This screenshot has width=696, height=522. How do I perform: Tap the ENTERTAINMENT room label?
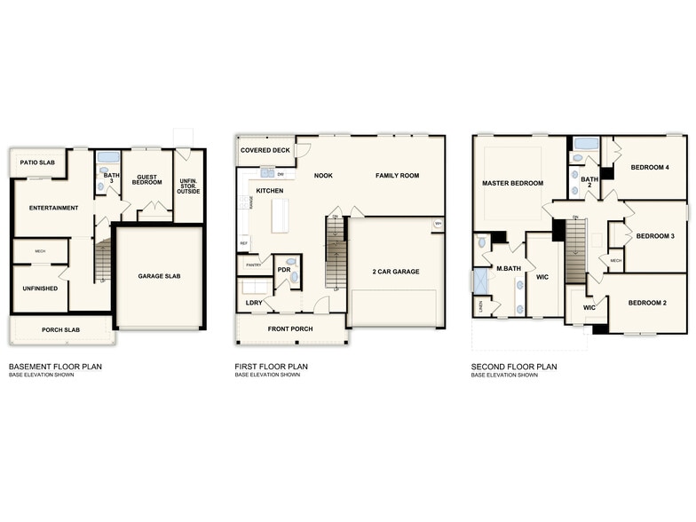pos(53,208)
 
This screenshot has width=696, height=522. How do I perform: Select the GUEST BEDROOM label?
pos(146,178)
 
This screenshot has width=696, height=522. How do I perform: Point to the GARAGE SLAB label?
pos(161,275)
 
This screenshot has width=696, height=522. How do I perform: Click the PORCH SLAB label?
pos(61,331)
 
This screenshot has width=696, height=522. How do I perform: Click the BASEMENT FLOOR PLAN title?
pos(50,366)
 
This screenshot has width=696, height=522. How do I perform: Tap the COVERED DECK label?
pos(265,151)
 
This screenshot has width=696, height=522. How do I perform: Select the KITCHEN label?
pos(269,191)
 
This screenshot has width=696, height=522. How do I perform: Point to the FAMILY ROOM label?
pos(397,176)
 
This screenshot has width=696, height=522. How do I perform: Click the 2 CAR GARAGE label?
pos(397,272)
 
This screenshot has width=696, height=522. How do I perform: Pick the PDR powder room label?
pos(284,269)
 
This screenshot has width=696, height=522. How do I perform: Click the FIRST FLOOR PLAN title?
pos(271,366)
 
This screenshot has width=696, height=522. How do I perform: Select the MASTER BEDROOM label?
pos(512,183)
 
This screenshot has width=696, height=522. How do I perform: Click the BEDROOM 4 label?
pos(650,168)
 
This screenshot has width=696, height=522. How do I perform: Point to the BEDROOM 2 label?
pos(647,303)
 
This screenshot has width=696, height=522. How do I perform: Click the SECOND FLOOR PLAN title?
pos(514,366)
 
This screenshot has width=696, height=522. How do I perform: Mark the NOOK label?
pos(323,176)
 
